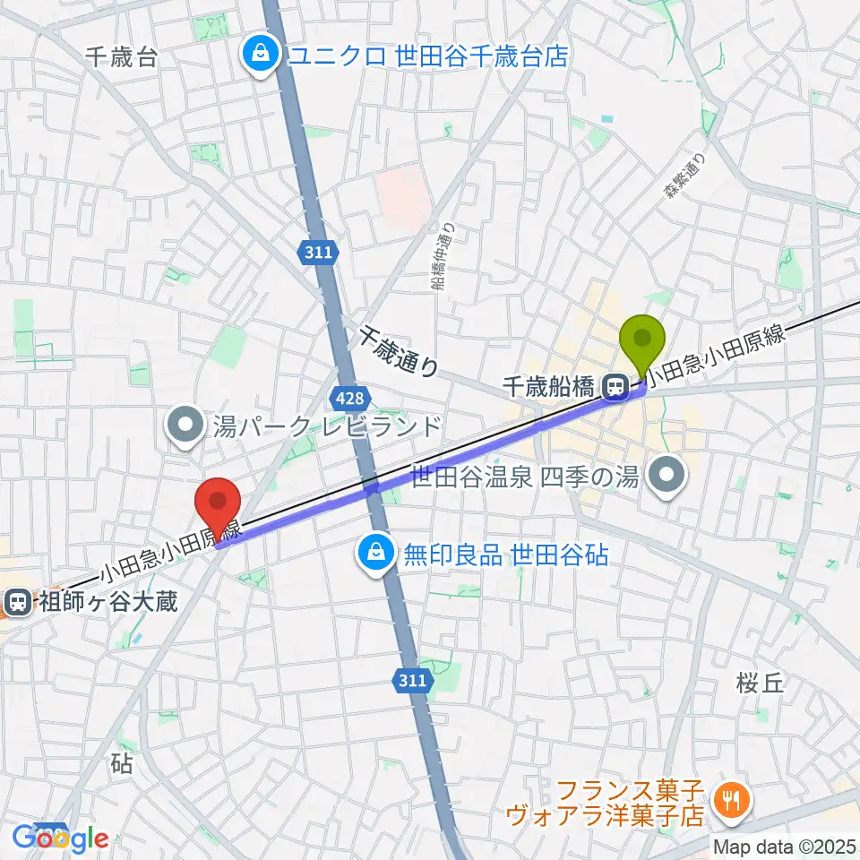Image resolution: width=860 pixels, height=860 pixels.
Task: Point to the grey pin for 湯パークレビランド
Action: point(185,425)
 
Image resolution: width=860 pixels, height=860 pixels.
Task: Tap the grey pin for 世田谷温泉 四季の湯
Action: point(666,476)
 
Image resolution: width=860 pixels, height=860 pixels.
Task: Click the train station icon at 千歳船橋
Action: point(615,387)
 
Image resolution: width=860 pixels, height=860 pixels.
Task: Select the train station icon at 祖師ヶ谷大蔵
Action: point(16,600)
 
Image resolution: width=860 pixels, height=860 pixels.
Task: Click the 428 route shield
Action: point(352,395)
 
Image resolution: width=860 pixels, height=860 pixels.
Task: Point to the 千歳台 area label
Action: point(122,58)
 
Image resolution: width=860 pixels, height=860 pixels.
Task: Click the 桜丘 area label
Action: point(761,684)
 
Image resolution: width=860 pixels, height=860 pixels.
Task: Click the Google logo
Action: point(61,838)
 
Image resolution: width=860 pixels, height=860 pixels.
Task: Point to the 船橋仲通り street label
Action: point(442,259)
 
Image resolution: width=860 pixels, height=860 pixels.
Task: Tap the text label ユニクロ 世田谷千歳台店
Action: point(427,56)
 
